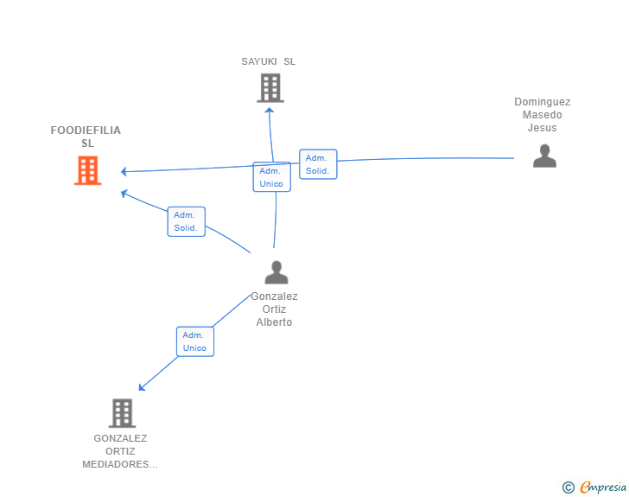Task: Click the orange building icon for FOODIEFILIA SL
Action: click(x=88, y=170)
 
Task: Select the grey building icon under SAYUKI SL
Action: click(x=270, y=88)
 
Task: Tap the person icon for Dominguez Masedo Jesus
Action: click(x=544, y=156)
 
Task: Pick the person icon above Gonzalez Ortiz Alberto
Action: click(x=276, y=272)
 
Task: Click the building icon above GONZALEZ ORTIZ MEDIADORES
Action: click(x=123, y=413)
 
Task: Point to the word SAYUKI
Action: click(x=259, y=61)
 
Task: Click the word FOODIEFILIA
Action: click(x=86, y=130)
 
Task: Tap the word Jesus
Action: click(x=542, y=128)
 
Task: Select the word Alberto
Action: click(x=274, y=322)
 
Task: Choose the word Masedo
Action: click(x=542, y=115)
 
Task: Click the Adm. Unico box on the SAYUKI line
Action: click(x=271, y=177)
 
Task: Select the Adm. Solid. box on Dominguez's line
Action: click(x=318, y=164)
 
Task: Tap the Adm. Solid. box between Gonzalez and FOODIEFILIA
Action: click(x=186, y=221)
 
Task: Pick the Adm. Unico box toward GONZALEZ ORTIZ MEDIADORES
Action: click(x=195, y=341)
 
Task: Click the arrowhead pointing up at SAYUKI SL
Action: click(x=270, y=110)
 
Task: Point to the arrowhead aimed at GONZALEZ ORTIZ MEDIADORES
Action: click(x=142, y=387)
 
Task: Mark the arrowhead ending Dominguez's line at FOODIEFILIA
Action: click(x=124, y=172)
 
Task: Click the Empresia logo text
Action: click(x=603, y=487)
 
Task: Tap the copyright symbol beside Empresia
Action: click(x=569, y=487)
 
